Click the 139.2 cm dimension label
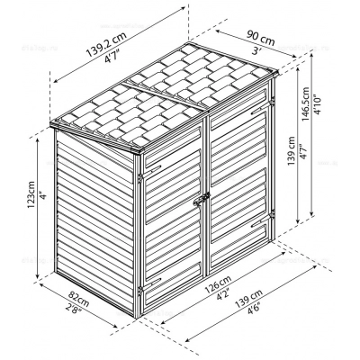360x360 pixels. pos(106,43)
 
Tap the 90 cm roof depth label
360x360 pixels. pos(261,38)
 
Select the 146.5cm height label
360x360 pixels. pos(306,104)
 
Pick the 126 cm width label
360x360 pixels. pos(218,284)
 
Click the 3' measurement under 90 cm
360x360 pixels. pos(255,51)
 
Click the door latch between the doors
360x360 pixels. pos(202,199)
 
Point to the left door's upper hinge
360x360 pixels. pos(139,177)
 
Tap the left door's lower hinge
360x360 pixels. pos(139,290)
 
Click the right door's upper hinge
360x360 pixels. pos(273,102)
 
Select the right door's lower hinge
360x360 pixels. pos(273,214)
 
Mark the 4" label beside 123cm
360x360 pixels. pos(44,196)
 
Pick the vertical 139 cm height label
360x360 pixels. pos(291,151)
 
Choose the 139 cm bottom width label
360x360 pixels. pos(248,298)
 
